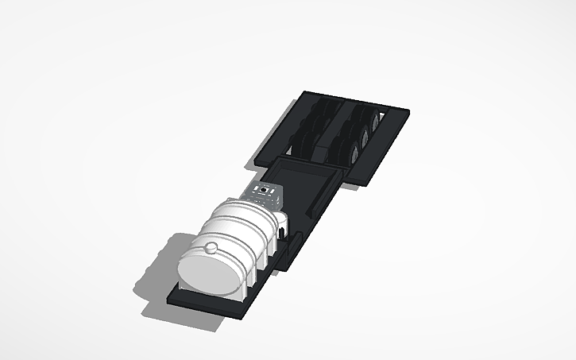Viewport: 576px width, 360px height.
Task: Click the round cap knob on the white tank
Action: [211, 248]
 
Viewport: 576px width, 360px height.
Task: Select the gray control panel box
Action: [265, 195]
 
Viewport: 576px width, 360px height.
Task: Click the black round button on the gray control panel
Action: [264, 190]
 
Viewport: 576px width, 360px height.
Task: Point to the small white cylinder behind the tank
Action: [280, 219]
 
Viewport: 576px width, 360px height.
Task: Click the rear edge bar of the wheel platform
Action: [358, 100]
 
